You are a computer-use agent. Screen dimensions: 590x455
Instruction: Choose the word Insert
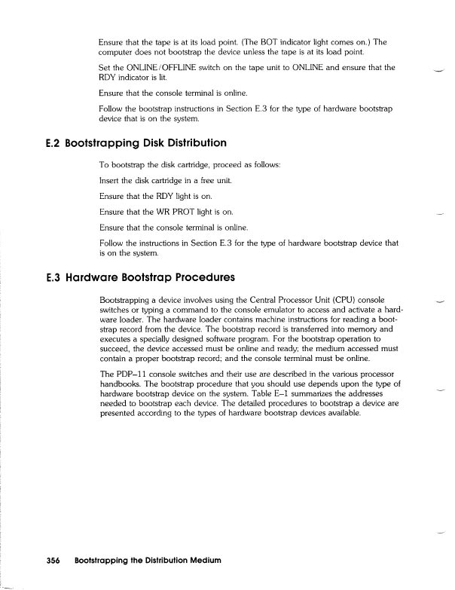pyautogui.click(x=111, y=181)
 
